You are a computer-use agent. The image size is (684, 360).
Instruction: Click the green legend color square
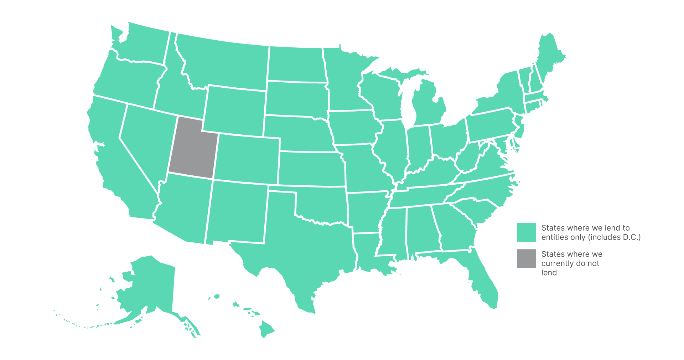tap(526, 232)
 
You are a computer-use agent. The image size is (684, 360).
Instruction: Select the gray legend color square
tap(526, 258)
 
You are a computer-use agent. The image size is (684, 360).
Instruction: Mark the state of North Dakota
tap(296, 64)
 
